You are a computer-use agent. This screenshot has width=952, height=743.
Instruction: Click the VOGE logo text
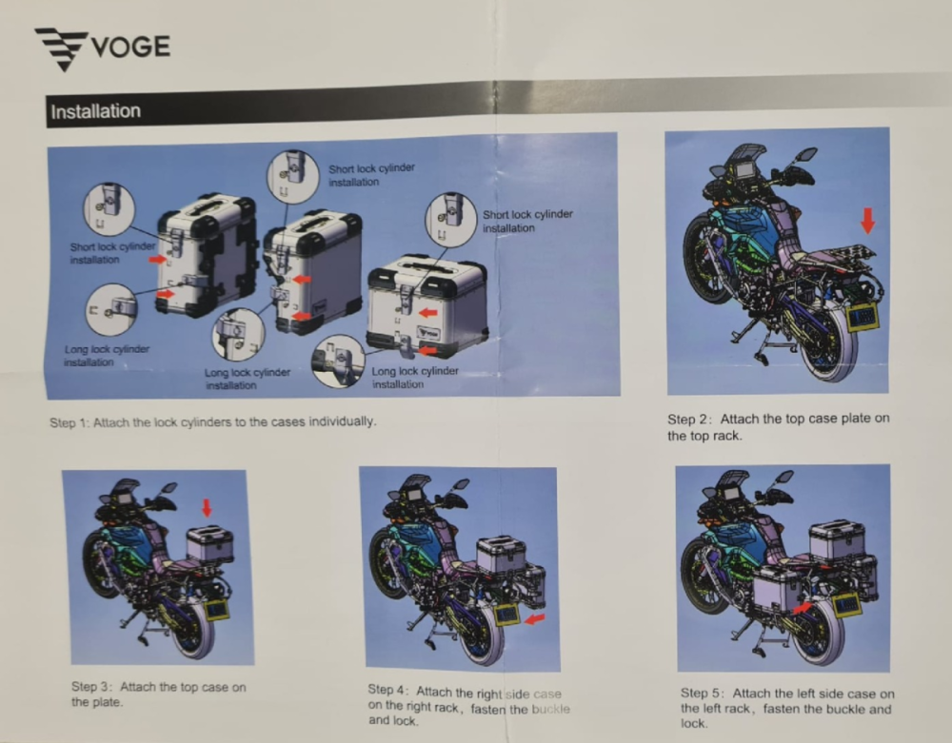(x=130, y=46)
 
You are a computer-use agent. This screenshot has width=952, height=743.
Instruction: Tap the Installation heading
(x=95, y=111)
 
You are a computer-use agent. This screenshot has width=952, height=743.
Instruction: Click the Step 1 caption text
(x=212, y=421)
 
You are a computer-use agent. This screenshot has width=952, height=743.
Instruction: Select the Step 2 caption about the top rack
(x=778, y=427)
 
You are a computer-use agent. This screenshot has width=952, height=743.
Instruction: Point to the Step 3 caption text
(x=158, y=694)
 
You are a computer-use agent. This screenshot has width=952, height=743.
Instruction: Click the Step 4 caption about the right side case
(x=468, y=706)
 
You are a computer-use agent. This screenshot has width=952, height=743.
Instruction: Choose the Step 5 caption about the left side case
(x=786, y=708)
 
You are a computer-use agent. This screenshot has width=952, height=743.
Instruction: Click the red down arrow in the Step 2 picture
(x=866, y=221)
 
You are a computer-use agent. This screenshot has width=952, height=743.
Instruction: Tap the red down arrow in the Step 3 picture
(x=207, y=507)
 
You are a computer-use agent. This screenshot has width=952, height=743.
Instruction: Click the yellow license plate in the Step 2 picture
(x=863, y=317)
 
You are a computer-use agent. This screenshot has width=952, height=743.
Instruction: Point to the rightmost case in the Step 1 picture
(x=427, y=302)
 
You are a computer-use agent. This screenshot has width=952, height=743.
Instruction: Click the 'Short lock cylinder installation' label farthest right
(x=527, y=221)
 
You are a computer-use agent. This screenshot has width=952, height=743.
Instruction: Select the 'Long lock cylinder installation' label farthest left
(x=107, y=356)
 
